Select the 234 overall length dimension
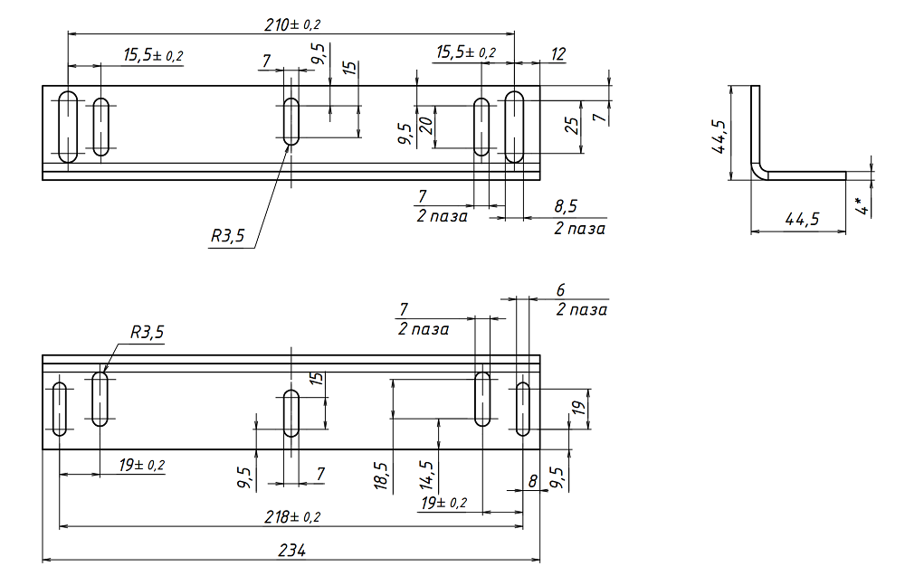[291, 551]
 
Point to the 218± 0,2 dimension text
[291, 516]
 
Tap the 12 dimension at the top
[557, 54]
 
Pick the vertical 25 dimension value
[571, 126]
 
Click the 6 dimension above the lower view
[560, 290]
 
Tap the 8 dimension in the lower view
[532, 484]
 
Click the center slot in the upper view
[291, 120]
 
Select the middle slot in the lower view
[291, 413]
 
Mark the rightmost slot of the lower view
[523, 409]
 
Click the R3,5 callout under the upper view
[227, 236]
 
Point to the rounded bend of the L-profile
[758, 170]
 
